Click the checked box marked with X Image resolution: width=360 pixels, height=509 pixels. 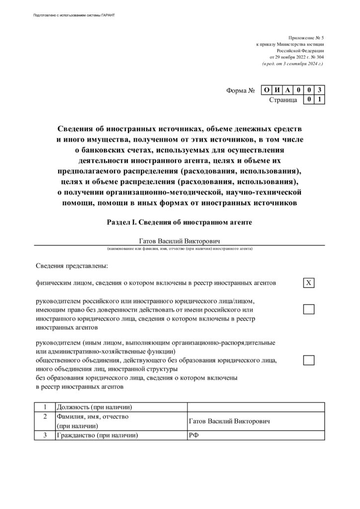(x=309, y=283)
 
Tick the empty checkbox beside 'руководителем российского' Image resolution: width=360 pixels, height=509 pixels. (x=309, y=309)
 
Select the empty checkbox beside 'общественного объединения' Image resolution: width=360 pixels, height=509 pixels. (x=309, y=360)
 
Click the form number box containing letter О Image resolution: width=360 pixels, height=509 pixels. (x=267, y=90)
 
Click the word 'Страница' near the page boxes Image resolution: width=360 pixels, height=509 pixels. (x=283, y=100)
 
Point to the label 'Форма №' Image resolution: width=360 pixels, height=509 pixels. (x=241, y=91)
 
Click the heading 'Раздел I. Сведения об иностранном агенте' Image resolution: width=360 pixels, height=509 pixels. (x=180, y=222)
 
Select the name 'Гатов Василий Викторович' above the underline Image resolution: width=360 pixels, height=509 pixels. (x=180, y=241)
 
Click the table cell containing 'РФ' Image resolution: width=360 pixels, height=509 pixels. (x=255, y=435)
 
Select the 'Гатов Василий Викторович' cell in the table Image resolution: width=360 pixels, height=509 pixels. (x=255, y=421)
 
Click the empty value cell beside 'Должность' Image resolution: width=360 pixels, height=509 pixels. (x=255, y=407)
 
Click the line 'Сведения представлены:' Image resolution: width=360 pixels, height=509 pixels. (x=72, y=266)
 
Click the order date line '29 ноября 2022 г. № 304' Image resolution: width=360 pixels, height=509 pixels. (x=296, y=57)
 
